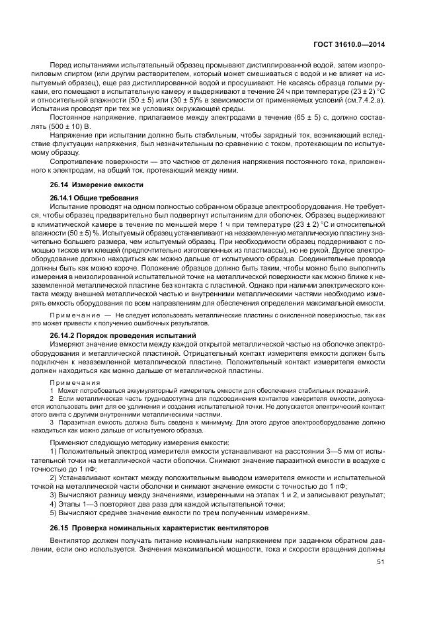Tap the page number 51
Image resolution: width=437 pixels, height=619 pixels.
click(381, 563)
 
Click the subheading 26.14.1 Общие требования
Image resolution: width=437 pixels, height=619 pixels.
click(94, 198)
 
